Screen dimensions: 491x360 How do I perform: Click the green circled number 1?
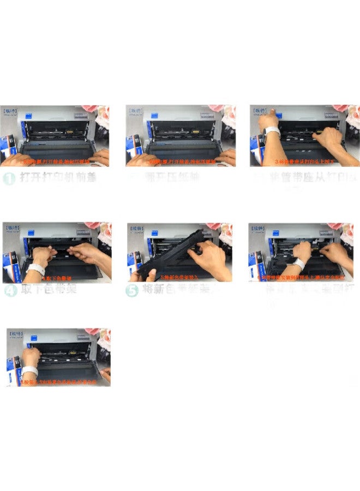point(8,178)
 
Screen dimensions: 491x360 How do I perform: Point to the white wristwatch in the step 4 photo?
point(36,269)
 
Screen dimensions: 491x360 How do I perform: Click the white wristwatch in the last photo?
point(29,371)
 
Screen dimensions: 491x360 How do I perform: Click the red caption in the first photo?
point(55,162)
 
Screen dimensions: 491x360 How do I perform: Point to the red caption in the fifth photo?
point(180,278)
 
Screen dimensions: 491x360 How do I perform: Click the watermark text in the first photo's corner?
point(12,111)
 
